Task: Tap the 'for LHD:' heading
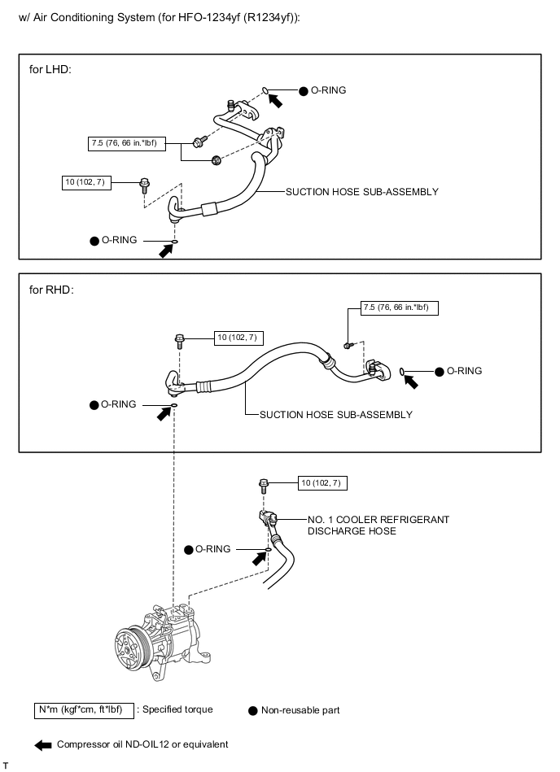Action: tap(50, 69)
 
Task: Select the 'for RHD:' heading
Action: tap(51, 289)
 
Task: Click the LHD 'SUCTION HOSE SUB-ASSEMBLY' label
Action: tap(361, 193)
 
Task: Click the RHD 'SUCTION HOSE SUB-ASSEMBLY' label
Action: tap(335, 415)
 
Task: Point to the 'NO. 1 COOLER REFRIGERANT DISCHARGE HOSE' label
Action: tap(378, 525)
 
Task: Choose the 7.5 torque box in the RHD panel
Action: tap(400, 307)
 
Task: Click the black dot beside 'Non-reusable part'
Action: tap(252, 710)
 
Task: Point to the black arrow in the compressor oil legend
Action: tap(43, 744)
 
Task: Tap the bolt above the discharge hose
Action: tap(264, 486)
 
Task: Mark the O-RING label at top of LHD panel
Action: tap(328, 90)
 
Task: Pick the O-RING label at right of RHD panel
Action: tap(464, 371)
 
